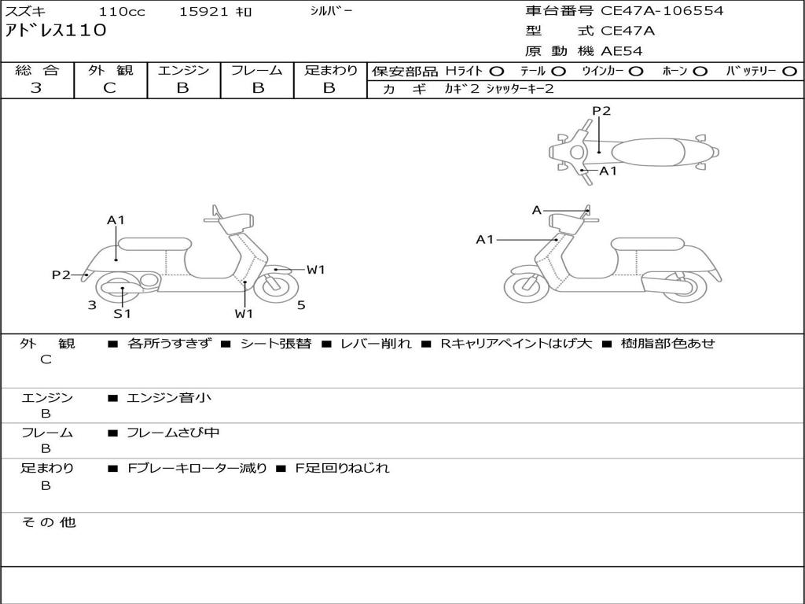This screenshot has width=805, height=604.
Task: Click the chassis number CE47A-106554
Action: pos(662,11)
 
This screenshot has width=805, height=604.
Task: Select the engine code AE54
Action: pos(622,51)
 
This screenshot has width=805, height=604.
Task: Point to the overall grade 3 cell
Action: pos(36,88)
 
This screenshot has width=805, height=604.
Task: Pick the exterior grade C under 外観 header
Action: pos(109,88)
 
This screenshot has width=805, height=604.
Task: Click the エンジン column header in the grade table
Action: pos(183,70)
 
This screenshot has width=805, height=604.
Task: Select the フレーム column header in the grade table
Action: pos(256,70)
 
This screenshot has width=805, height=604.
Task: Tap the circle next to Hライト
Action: pos(497,72)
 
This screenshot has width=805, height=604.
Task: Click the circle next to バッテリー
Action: pos(789,72)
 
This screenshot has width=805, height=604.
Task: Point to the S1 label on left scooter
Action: pos(122,314)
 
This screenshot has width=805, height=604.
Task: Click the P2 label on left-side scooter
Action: pos(61,274)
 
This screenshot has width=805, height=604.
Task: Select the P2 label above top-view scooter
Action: pos(601,111)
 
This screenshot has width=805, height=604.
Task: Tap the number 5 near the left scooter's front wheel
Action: pos(301,304)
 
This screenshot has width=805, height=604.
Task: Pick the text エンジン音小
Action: pos(169,398)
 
